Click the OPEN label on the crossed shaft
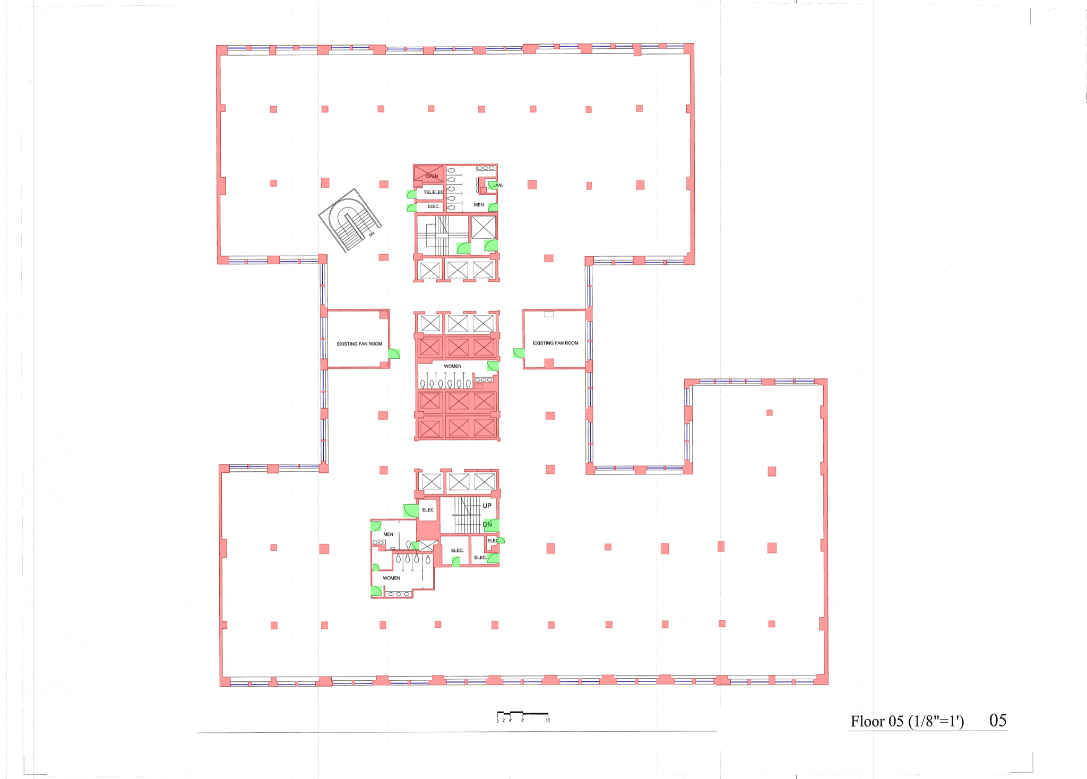(x=432, y=176)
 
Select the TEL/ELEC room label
(x=434, y=192)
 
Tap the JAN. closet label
(x=498, y=185)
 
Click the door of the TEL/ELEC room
(x=411, y=194)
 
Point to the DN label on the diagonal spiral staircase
(x=372, y=233)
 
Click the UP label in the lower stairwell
(x=487, y=506)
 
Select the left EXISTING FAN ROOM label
(x=359, y=344)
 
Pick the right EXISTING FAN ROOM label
(x=556, y=343)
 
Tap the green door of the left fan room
(x=394, y=354)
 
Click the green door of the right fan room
(x=519, y=353)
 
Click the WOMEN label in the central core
(x=453, y=366)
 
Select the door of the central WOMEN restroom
(x=493, y=366)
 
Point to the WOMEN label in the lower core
(x=392, y=578)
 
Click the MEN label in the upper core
(x=479, y=205)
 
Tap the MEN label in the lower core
(x=389, y=534)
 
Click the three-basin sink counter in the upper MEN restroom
(x=486, y=168)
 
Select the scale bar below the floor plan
(x=523, y=714)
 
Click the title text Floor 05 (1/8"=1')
(x=907, y=721)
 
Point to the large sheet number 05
(x=998, y=720)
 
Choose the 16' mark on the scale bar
(x=548, y=720)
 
